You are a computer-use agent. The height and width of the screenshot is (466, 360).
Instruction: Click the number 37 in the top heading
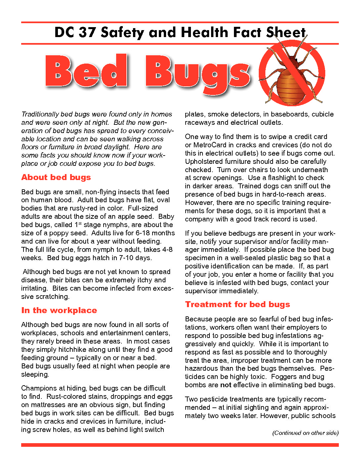coord(87,32)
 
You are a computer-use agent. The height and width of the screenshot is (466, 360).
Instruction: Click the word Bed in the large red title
coord(86,71)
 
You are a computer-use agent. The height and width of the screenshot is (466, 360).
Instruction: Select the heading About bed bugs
coord(56,177)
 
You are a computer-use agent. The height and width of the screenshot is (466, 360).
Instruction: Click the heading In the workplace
coord(59,310)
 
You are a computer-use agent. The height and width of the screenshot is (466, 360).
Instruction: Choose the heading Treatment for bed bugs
coord(237,304)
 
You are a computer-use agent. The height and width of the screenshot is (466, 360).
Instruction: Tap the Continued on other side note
coord(305,433)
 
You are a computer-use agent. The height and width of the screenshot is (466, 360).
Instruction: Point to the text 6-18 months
coord(155,233)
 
